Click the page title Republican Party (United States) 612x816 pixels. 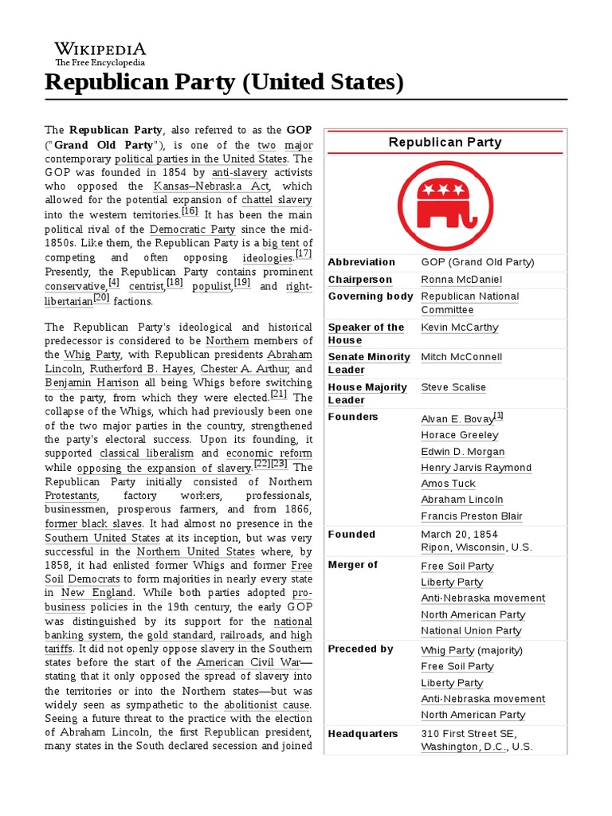(x=225, y=82)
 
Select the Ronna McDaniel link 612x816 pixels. (x=461, y=280)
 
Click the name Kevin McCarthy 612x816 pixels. (x=460, y=328)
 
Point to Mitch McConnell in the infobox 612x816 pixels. (x=461, y=357)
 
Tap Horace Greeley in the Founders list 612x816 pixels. (x=460, y=435)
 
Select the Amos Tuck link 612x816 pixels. (x=448, y=484)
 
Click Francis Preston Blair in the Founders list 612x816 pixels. (x=472, y=516)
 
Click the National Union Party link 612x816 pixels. (x=471, y=631)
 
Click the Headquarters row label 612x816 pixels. (x=363, y=734)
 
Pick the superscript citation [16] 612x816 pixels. (x=190, y=210)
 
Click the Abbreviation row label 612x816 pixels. (x=361, y=262)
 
